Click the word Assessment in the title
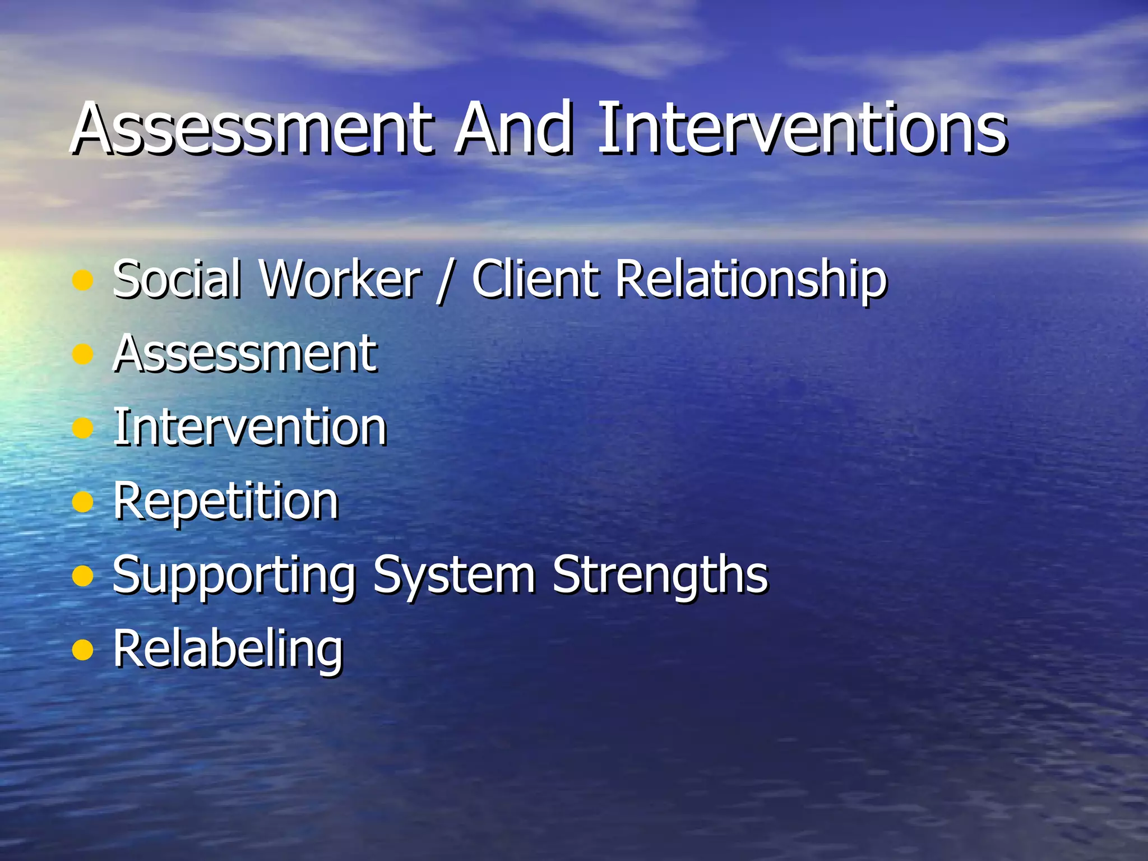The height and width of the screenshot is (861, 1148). pos(252,129)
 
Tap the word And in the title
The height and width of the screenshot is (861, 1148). pos(515,129)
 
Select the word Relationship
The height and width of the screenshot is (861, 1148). pos(751,280)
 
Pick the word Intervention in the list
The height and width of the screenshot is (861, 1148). pos(250,427)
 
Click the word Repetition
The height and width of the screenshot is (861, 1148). pos(226,502)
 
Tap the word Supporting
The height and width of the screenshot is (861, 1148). pos(234,576)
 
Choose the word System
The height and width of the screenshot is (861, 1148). pos(454,576)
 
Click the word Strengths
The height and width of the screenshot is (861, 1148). pos(660,575)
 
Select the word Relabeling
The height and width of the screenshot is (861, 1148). pos(228,650)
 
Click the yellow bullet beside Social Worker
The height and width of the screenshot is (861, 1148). pos(83,281)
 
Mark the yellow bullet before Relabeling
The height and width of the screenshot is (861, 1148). pos(83,650)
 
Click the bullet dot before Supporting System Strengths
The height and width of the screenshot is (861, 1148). pos(83,576)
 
